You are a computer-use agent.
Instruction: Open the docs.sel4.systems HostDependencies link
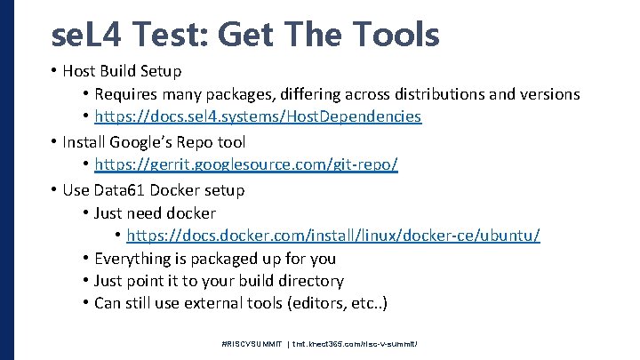coord(258,116)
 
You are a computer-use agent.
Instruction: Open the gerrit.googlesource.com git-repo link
coord(245,165)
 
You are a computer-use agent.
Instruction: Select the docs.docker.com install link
coord(333,236)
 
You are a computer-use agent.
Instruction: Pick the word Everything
coord(136,259)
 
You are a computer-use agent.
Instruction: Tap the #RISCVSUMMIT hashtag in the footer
coord(252,342)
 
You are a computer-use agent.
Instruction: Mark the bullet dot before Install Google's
coord(55,142)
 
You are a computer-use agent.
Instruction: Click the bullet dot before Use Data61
coord(55,190)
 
